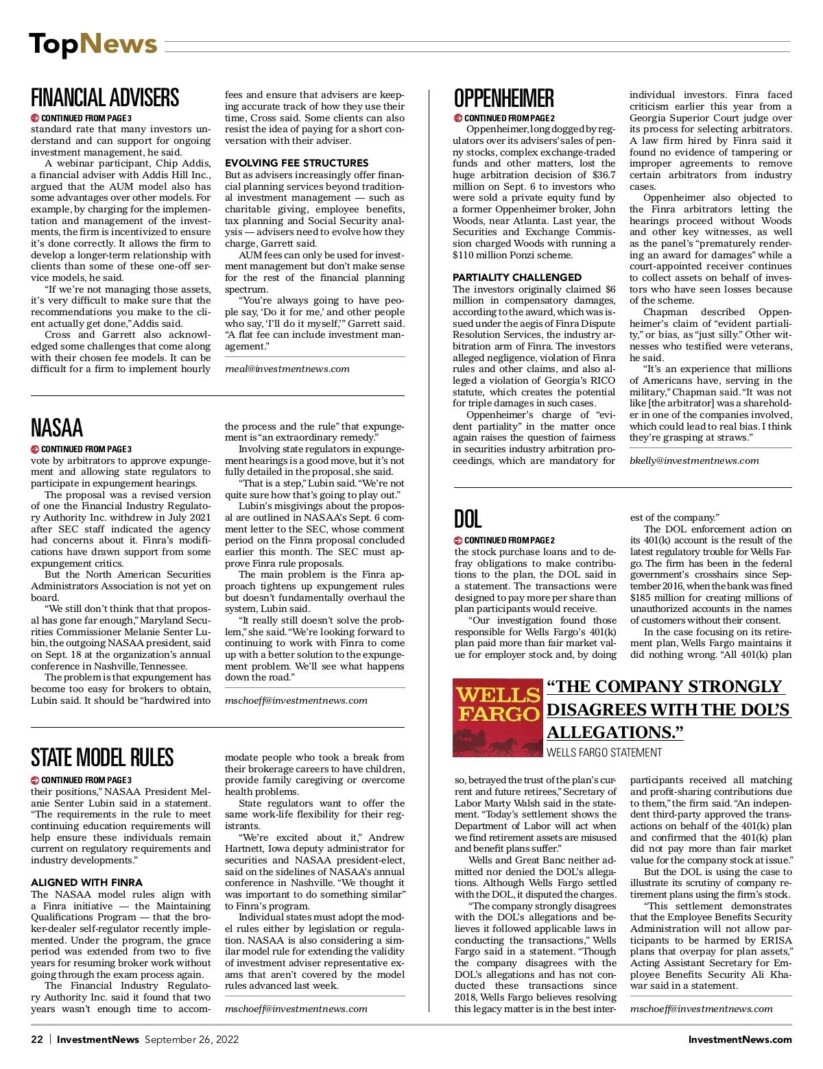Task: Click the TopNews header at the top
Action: click(x=93, y=44)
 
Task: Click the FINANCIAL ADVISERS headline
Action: click(x=105, y=98)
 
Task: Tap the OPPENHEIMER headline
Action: click(x=504, y=99)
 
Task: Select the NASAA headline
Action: click(x=57, y=428)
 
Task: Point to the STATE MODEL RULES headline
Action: click(x=102, y=758)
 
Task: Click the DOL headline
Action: click(x=468, y=519)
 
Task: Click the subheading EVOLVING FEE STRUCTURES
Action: click(x=296, y=163)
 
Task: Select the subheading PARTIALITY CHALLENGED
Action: click(x=517, y=278)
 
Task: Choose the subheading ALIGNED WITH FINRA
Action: click(x=86, y=883)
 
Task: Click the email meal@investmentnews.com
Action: click(x=287, y=369)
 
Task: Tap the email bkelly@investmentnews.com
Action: click(x=694, y=460)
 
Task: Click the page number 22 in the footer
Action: click(x=37, y=1040)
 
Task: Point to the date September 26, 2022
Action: click(x=191, y=1040)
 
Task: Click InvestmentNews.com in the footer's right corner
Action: click(x=740, y=1040)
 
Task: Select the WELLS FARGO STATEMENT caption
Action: click(x=604, y=752)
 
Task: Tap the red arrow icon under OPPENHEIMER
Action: click(x=458, y=119)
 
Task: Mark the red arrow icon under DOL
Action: click(x=458, y=541)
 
